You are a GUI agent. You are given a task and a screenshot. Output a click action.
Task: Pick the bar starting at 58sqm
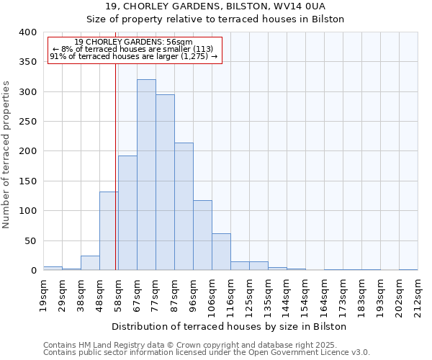tap(127, 213)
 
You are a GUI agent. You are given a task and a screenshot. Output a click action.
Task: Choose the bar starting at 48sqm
tap(109, 231)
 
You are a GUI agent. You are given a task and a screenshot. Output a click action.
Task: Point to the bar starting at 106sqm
tap(221, 252)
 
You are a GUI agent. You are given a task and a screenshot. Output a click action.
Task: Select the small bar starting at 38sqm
tap(90, 264)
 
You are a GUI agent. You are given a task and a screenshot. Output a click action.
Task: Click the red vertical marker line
tap(115, 166)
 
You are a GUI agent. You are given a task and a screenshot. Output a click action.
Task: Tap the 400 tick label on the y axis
tap(28, 32)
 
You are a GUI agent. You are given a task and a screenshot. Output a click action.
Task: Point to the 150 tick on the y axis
tap(28, 181)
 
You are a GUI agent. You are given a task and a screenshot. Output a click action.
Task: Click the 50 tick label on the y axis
tap(31, 241)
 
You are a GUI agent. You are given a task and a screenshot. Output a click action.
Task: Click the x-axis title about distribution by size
tap(229, 327)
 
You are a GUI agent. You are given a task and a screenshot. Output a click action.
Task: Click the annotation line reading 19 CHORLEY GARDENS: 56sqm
tap(134, 42)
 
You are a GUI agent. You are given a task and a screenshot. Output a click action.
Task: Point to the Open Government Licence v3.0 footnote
tap(207, 353)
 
